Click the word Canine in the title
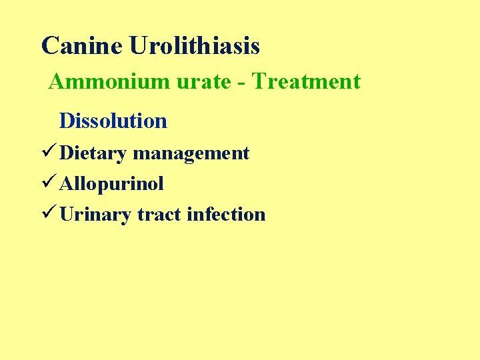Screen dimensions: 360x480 coord(82,46)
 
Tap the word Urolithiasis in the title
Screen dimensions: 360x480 coord(195,46)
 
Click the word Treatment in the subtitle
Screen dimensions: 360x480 coord(307,82)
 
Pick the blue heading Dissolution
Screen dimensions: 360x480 coord(113,121)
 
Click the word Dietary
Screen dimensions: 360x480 coord(93,153)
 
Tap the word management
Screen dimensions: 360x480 coord(191,153)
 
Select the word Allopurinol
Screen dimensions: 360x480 coord(111,183)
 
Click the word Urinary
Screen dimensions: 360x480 coord(95,214)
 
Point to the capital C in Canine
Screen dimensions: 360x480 coord(49,46)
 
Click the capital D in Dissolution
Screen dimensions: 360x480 coord(66,121)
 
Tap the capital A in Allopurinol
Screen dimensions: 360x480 coord(66,183)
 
